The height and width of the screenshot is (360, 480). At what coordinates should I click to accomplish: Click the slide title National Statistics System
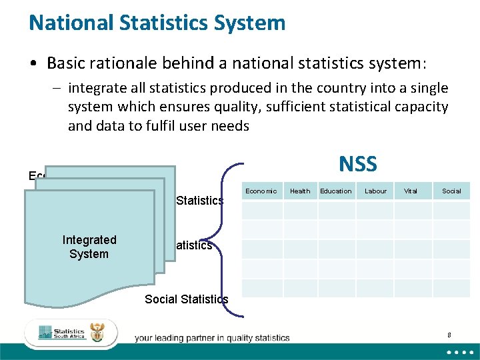(x=157, y=23)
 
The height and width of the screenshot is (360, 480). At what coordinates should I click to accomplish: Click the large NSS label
(x=357, y=164)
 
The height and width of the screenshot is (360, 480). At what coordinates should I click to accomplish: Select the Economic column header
(x=261, y=191)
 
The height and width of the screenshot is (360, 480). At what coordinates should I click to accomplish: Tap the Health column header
(x=300, y=191)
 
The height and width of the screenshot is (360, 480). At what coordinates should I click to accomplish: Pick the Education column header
(x=335, y=191)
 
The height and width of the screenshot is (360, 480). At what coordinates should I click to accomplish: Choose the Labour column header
(x=375, y=191)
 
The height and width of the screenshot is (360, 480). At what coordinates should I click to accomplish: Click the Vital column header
(x=411, y=191)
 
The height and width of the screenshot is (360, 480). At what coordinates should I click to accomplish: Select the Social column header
(x=451, y=191)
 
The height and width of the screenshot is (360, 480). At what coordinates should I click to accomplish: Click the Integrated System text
(x=89, y=247)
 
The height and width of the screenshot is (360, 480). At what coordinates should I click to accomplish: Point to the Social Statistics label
(x=186, y=299)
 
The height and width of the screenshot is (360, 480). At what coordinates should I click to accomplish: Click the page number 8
(x=449, y=335)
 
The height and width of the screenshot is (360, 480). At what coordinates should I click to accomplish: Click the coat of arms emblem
(x=97, y=333)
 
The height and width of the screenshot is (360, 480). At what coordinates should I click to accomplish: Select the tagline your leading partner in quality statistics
(x=212, y=338)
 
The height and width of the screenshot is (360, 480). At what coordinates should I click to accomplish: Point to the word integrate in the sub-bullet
(x=95, y=88)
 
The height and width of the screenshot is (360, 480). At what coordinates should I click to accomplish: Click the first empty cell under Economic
(x=262, y=211)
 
